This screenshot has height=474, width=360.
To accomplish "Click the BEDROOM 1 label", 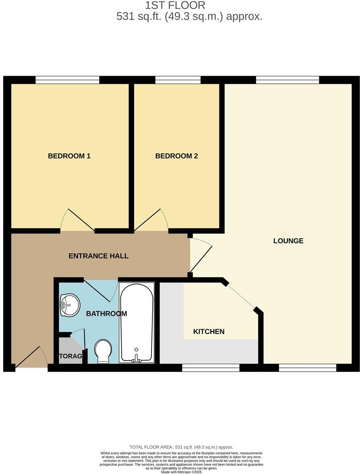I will coord(69,156).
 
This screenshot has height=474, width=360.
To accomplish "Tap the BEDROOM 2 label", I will coord(176,156).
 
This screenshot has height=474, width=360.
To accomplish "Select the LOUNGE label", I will coord(288,241).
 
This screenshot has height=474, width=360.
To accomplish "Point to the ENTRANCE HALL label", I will coord(98,256).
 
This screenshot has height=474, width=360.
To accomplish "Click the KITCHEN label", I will coord(209,331).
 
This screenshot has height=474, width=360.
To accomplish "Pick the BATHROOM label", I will coord(106,313).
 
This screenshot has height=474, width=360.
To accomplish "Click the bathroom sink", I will coord(70,305).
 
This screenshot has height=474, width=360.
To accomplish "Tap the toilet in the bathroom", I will coord(103,351).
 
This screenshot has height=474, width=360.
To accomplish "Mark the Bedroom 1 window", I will coord(67,80).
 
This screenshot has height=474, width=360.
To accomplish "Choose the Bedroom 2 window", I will coord(178,80).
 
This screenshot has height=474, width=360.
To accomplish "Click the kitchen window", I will coord(211,368).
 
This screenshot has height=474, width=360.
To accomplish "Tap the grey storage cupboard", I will coord(70,353).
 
